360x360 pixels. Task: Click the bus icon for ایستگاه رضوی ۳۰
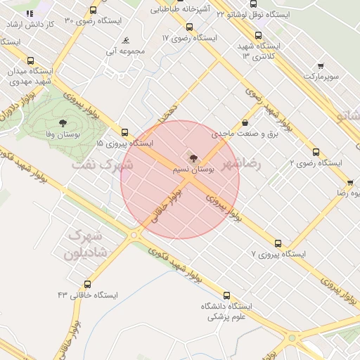(x=94, y=11)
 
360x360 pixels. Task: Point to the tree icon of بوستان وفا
(x=73, y=123)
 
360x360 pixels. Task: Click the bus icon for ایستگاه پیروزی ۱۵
(x=124, y=132)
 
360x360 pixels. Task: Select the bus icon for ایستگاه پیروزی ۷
(x=278, y=243)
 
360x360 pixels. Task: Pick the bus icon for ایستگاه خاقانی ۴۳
(x=87, y=284)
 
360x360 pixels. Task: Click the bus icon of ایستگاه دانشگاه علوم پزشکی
(x=226, y=296)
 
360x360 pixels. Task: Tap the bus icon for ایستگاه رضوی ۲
(x=316, y=152)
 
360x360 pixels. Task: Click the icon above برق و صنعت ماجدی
(x=245, y=123)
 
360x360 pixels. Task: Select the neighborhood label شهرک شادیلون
(x=87, y=243)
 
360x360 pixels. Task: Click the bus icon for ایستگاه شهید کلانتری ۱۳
(x=258, y=35)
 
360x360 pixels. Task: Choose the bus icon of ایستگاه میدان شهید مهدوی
(x=30, y=61)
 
